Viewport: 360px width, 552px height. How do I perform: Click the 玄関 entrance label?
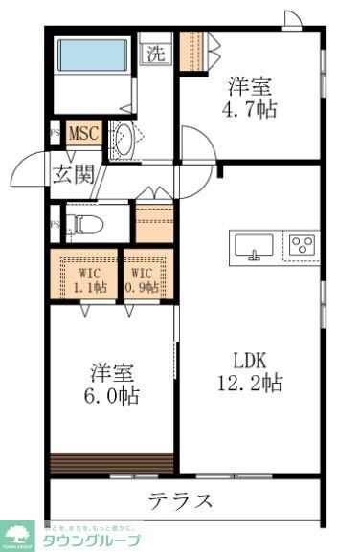pos(73,175)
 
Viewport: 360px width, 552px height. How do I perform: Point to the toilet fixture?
pos(86,226)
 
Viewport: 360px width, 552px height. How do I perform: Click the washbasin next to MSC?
pos(124,140)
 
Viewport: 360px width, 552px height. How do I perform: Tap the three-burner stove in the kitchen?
pos(303,245)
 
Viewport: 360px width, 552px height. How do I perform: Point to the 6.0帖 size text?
pos(115,394)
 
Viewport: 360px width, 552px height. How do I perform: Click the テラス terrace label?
pos(180,500)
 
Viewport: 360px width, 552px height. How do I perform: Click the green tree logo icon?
pos(17,536)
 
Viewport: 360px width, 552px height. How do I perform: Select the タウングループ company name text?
pos(91,541)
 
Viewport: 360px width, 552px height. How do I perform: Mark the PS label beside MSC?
pos(54,134)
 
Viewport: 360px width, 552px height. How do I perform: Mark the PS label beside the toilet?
pos(54,226)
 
